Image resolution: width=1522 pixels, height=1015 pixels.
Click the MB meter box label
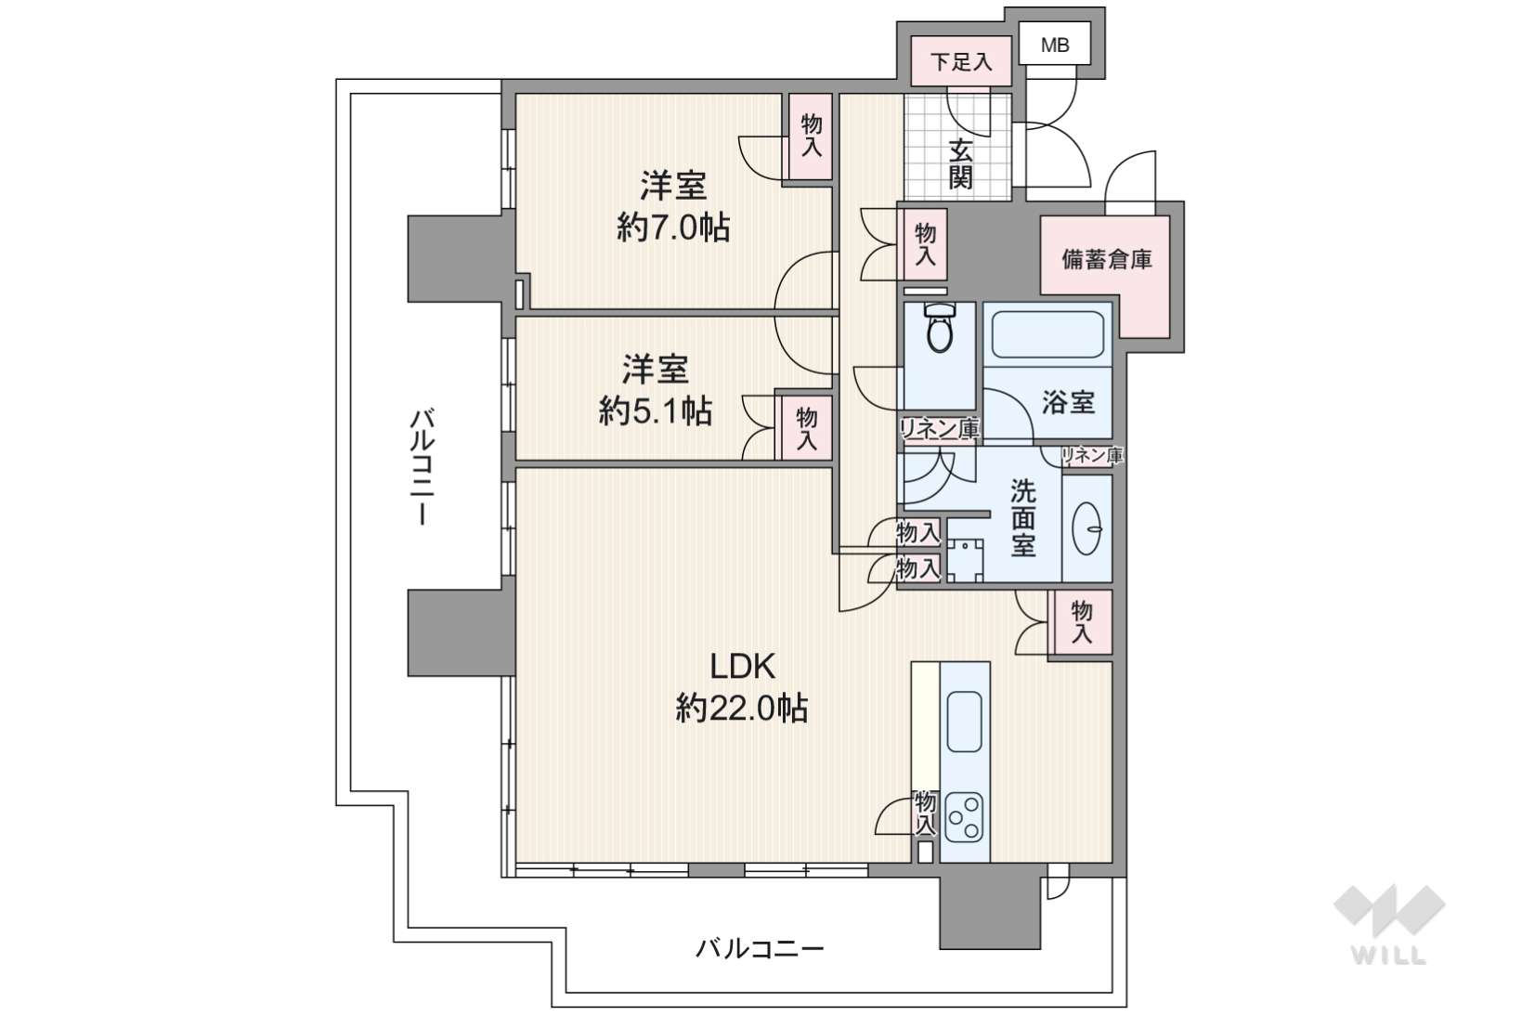1055,45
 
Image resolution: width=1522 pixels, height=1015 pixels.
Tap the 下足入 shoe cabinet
961,61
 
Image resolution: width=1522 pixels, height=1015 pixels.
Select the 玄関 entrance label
960,163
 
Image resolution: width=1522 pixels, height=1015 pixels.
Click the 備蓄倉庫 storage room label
1107,259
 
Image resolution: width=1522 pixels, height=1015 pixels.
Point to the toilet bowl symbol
940,328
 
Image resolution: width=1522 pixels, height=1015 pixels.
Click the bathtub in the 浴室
1047,334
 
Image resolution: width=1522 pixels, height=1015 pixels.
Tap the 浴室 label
1069,403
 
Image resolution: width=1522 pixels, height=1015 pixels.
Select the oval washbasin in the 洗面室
1086,527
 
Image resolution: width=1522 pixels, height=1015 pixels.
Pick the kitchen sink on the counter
964,722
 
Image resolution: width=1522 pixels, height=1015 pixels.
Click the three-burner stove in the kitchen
964,817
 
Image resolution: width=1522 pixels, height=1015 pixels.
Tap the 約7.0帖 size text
673,228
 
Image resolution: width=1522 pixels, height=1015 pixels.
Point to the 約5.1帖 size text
655,411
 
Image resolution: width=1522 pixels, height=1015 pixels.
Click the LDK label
742,667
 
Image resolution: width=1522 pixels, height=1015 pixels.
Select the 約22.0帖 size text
742,709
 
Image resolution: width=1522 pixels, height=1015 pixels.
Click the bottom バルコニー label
760,948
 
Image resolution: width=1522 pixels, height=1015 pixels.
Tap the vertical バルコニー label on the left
422,467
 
